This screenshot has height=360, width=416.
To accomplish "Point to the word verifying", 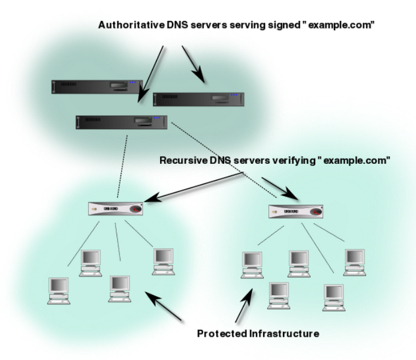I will click(x=304, y=161).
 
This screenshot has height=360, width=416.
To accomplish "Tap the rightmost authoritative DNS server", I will click(x=197, y=98).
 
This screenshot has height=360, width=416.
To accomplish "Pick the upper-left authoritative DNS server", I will click(x=95, y=87).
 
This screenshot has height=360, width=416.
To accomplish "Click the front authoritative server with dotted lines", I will click(x=120, y=122).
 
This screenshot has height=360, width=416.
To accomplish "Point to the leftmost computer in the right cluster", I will click(x=252, y=263).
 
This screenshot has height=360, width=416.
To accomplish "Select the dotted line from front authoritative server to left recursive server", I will click(x=124, y=165).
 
